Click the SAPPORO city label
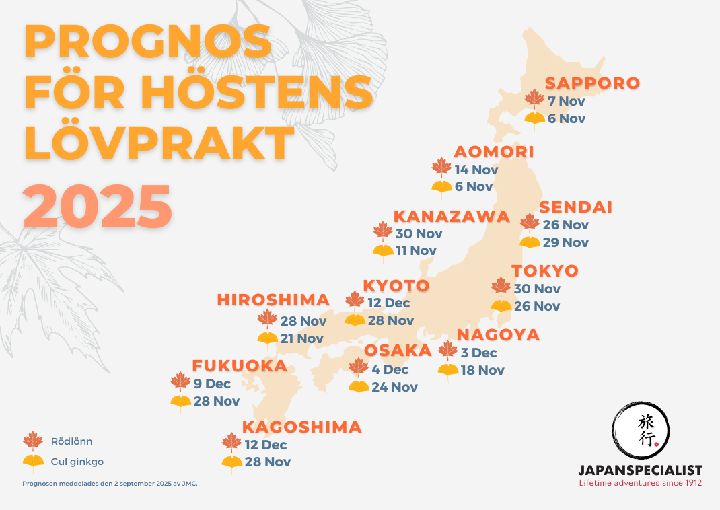[x=592, y=83]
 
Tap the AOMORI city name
[x=494, y=152]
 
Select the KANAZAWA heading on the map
[x=452, y=217]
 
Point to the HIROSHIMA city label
[x=273, y=300]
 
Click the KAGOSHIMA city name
[x=301, y=427]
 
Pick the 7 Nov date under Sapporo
[x=567, y=102]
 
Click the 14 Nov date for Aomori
[x=476, y=170]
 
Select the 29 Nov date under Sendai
[x=566, y=242]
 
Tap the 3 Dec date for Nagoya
[x=478, y=353]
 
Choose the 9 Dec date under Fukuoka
[x=212, y=384]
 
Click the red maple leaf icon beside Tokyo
[x=501, y=287]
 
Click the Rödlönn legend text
[x=71, y=442]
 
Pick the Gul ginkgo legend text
[x=77, y=462]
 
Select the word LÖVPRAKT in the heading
[x=159, y=143]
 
